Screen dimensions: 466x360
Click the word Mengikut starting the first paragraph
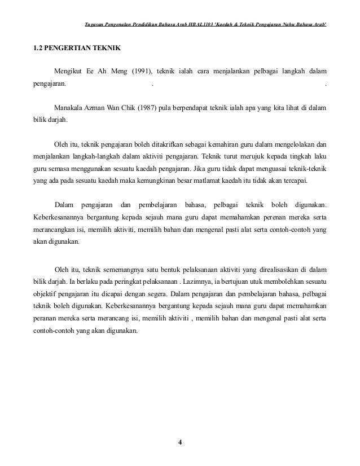pos(68,72)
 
